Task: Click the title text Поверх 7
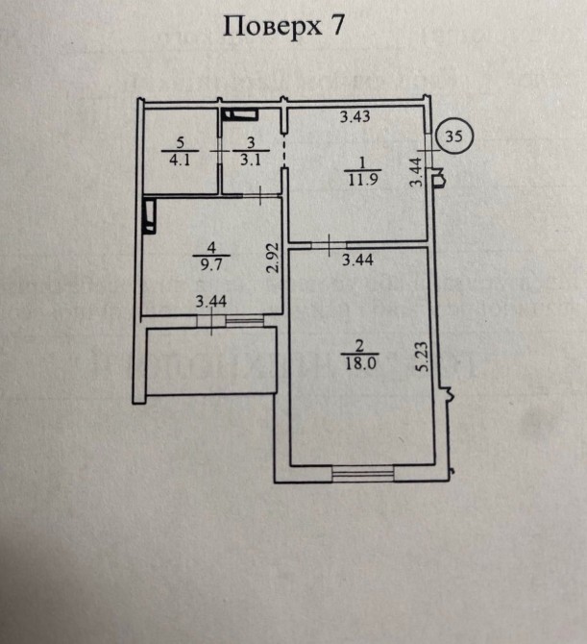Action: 283,27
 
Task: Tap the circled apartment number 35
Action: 453,136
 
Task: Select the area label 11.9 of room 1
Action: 363,180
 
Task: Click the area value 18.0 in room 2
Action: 360,363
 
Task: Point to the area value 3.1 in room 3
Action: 251,159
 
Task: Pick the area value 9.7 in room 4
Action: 211,264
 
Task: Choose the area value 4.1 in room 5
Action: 180,159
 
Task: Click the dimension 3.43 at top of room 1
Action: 355,116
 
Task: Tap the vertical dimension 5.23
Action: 422,357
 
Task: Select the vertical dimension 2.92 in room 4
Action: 273,258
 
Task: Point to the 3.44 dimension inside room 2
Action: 357,260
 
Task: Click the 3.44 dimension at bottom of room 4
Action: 211,302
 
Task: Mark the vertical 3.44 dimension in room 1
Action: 416,172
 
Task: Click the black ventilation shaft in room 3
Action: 239,114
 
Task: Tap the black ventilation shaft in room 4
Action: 149,216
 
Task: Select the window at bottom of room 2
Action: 363,474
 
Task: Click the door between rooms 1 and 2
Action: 329,245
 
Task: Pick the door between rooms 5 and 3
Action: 220,151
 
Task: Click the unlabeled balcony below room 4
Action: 211,360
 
